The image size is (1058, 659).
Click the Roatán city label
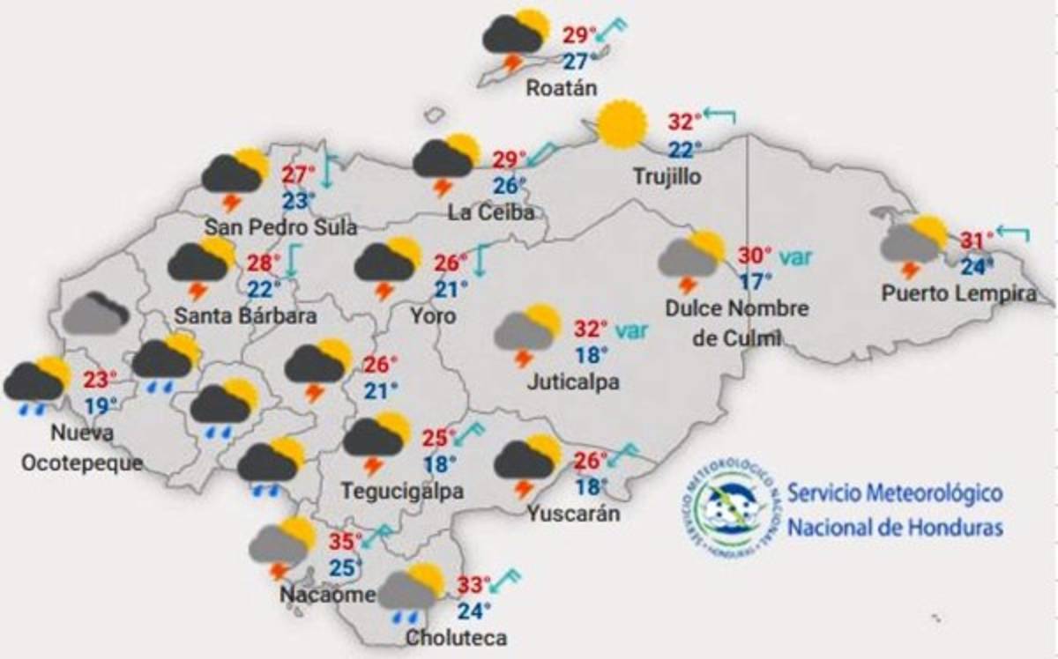562,88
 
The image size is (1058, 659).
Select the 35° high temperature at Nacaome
346,541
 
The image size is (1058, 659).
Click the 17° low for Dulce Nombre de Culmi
755,281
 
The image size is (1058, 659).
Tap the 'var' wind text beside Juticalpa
628,330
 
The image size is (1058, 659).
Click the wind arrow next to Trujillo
719,115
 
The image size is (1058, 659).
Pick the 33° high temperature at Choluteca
474,584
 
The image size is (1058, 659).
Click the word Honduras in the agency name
958,528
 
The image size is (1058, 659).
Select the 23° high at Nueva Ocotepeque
101,381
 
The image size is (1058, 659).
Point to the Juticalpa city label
573,381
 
